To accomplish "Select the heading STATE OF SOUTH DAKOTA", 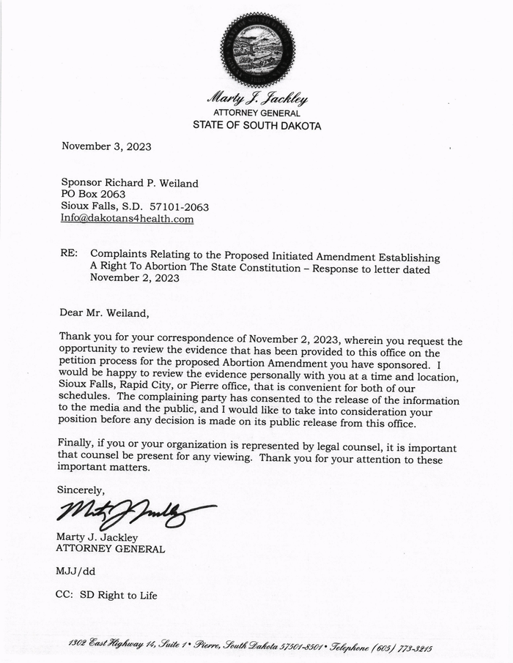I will (x=256, y=125).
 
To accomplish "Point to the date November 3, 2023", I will (x=106, y=146).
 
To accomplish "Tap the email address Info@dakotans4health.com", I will (x=127, y=219).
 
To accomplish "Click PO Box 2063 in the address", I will (x=93, y=195).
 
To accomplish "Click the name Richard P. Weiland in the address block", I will (x=152, y=183).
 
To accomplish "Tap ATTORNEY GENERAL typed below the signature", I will (x=110, y=548).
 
